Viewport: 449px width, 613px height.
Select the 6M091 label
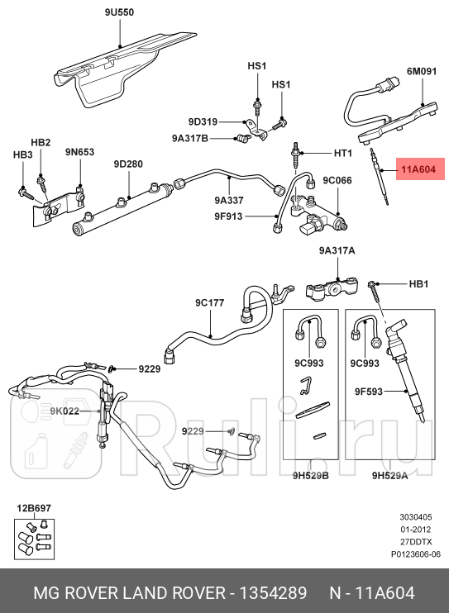(420, 72)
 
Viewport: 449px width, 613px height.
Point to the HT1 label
(342, 154)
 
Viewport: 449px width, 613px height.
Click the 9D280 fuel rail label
(128, 164)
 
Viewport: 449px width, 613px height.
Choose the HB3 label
(22, 154)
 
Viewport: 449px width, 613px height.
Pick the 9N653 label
(80, 151)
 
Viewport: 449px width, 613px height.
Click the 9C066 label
(337, 180)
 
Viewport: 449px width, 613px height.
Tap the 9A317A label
(337, 251)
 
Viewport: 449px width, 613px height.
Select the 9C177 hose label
(210, 302)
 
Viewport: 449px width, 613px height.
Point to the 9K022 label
(63, 411)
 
